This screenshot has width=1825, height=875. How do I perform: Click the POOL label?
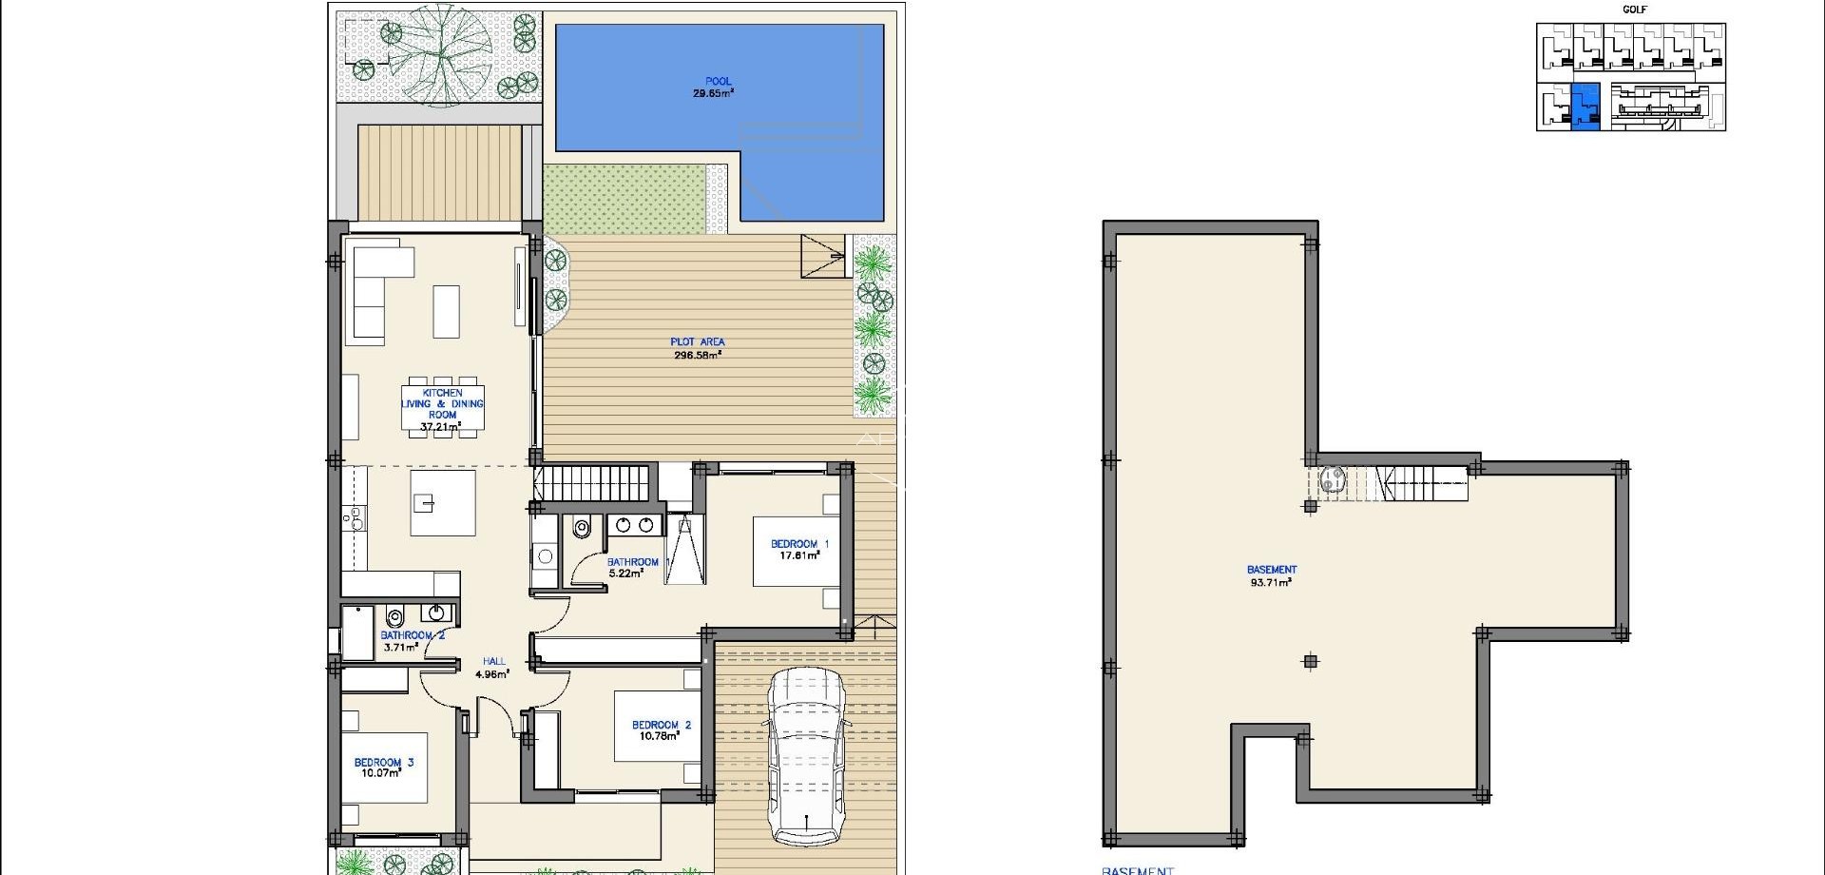click(718, 82)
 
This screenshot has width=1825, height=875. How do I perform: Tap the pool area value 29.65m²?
click(713, 93)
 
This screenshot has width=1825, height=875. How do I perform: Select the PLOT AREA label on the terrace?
click(698, 341)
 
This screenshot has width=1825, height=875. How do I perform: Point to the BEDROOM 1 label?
click(799, 544)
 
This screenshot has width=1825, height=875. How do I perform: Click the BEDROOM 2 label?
click(662, 725)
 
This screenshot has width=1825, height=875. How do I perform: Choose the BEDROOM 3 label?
click(383, 762)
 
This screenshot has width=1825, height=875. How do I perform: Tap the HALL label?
click(494, 661)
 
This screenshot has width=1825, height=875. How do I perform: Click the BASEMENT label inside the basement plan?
click(1272, 570)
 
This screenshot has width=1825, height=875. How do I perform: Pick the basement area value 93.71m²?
click(1271, 582)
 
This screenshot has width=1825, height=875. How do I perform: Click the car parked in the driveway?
click(806, 756)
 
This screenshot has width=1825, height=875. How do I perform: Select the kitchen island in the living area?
click(442, 503)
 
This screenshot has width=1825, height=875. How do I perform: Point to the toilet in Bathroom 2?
click(396, 618)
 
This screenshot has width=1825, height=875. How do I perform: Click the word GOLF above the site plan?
click(1635, 10)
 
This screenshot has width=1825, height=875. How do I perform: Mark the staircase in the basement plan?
click(1421, 483)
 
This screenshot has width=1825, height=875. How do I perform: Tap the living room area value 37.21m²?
click(440, 427)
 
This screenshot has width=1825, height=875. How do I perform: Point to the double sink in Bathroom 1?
click(634, 525)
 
